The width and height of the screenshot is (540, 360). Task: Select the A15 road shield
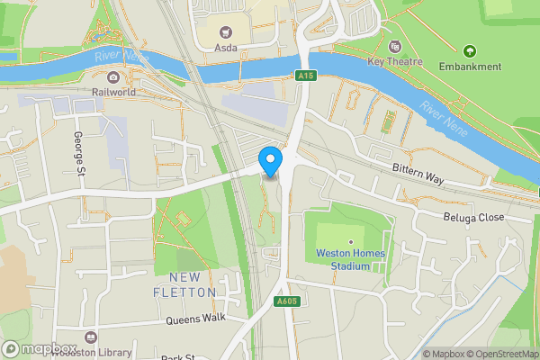pos(307,77)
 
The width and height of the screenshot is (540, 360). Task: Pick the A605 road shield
pos(287,301)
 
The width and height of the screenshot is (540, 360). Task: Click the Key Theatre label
pos(394,61)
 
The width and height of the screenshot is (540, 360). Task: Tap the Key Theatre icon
pos(394,47)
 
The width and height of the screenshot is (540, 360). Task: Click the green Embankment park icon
pos(468,50)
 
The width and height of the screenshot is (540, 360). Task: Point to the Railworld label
pos(112,92)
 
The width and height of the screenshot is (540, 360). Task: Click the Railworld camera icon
pos(112,77)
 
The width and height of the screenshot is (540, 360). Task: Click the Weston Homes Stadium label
pos(350,259)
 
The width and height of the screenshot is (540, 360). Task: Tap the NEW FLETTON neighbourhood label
pos(191,283)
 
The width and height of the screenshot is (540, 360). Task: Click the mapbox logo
pos(38,348)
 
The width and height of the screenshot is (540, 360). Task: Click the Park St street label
pos(178,356)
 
